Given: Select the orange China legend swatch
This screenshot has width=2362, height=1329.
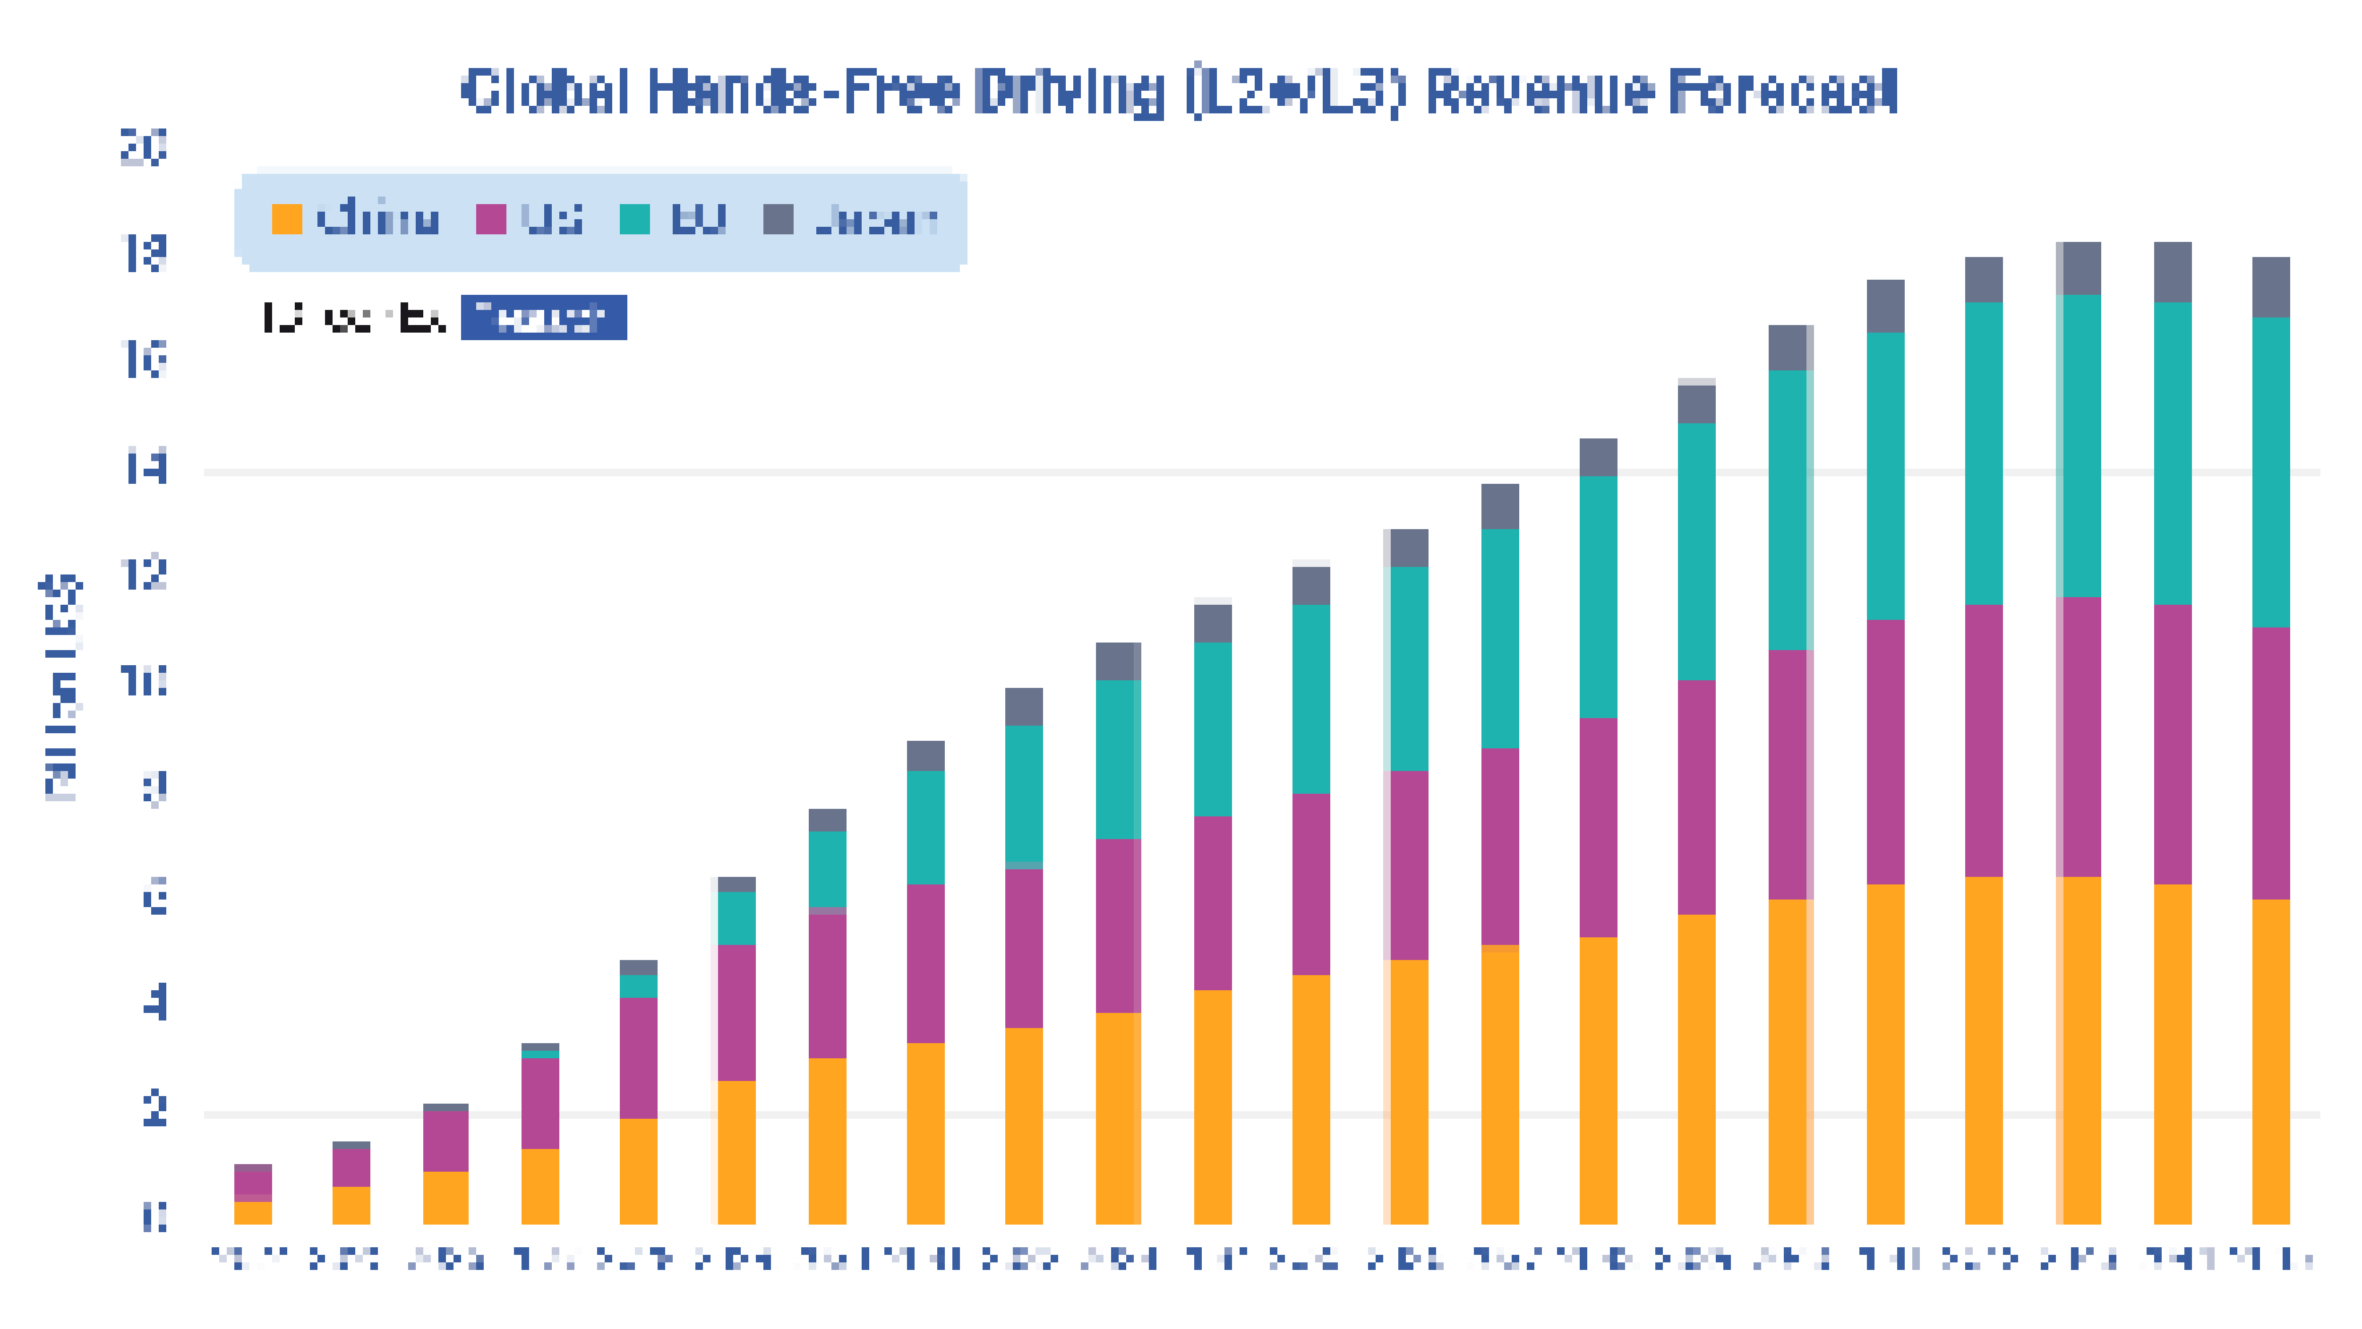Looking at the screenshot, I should coord(287,219).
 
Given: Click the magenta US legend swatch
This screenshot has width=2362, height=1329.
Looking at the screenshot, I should coord(490,219).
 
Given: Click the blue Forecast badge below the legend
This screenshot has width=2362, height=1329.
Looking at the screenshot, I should coord(544,317).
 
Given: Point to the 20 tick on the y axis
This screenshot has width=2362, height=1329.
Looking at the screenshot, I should coord(144,147).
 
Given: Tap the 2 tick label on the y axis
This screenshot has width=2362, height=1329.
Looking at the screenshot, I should coord(154,1110).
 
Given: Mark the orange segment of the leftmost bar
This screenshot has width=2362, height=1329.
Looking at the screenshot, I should coord(253,1212).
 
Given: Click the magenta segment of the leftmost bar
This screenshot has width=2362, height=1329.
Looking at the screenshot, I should coord(253,1183).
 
